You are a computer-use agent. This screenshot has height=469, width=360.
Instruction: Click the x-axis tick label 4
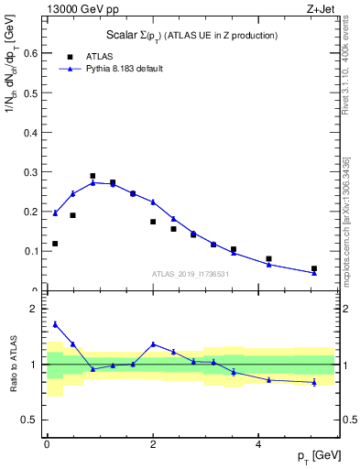pos(258,442)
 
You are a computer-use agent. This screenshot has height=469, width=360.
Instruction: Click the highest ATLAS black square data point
pos(93,176)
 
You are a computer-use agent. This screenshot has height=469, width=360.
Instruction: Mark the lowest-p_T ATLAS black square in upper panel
pos(55,244)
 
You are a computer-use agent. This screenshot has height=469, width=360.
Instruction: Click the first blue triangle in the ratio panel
pos(55,324)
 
